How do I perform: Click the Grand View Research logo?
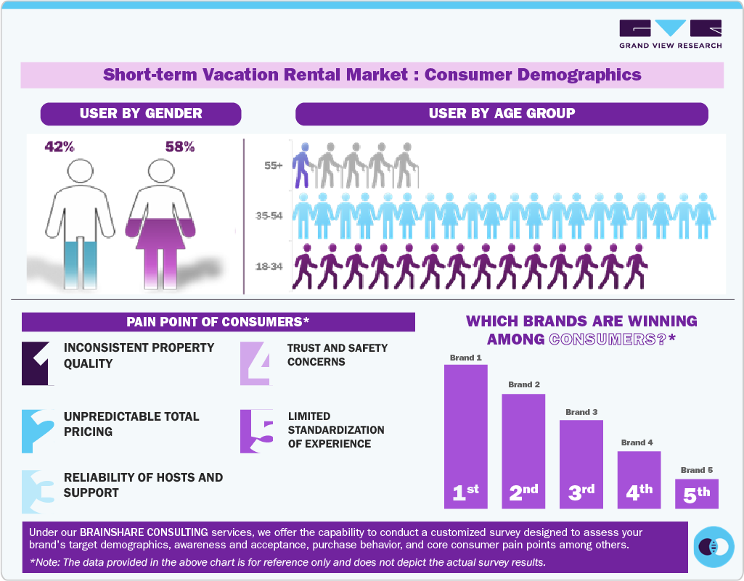pos(670,34)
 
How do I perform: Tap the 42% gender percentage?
pos(60,147)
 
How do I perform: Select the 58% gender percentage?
pos(180,147)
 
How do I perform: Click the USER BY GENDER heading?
pos(141,114)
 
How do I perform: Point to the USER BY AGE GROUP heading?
pos(502,114)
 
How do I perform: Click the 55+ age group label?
pos(274,166)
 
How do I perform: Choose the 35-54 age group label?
pos(270,216)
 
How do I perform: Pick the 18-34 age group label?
pos(270,267)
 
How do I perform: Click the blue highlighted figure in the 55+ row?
pos(301,166)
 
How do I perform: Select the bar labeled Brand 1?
pos(465,435)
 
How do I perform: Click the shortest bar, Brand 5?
pos(696,493)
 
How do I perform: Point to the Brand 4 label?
pos(637,442)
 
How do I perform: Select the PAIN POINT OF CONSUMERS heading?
pos(218,321)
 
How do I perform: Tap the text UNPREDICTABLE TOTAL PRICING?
pos(131,424)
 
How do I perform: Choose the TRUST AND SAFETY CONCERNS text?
pos(338,355)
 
